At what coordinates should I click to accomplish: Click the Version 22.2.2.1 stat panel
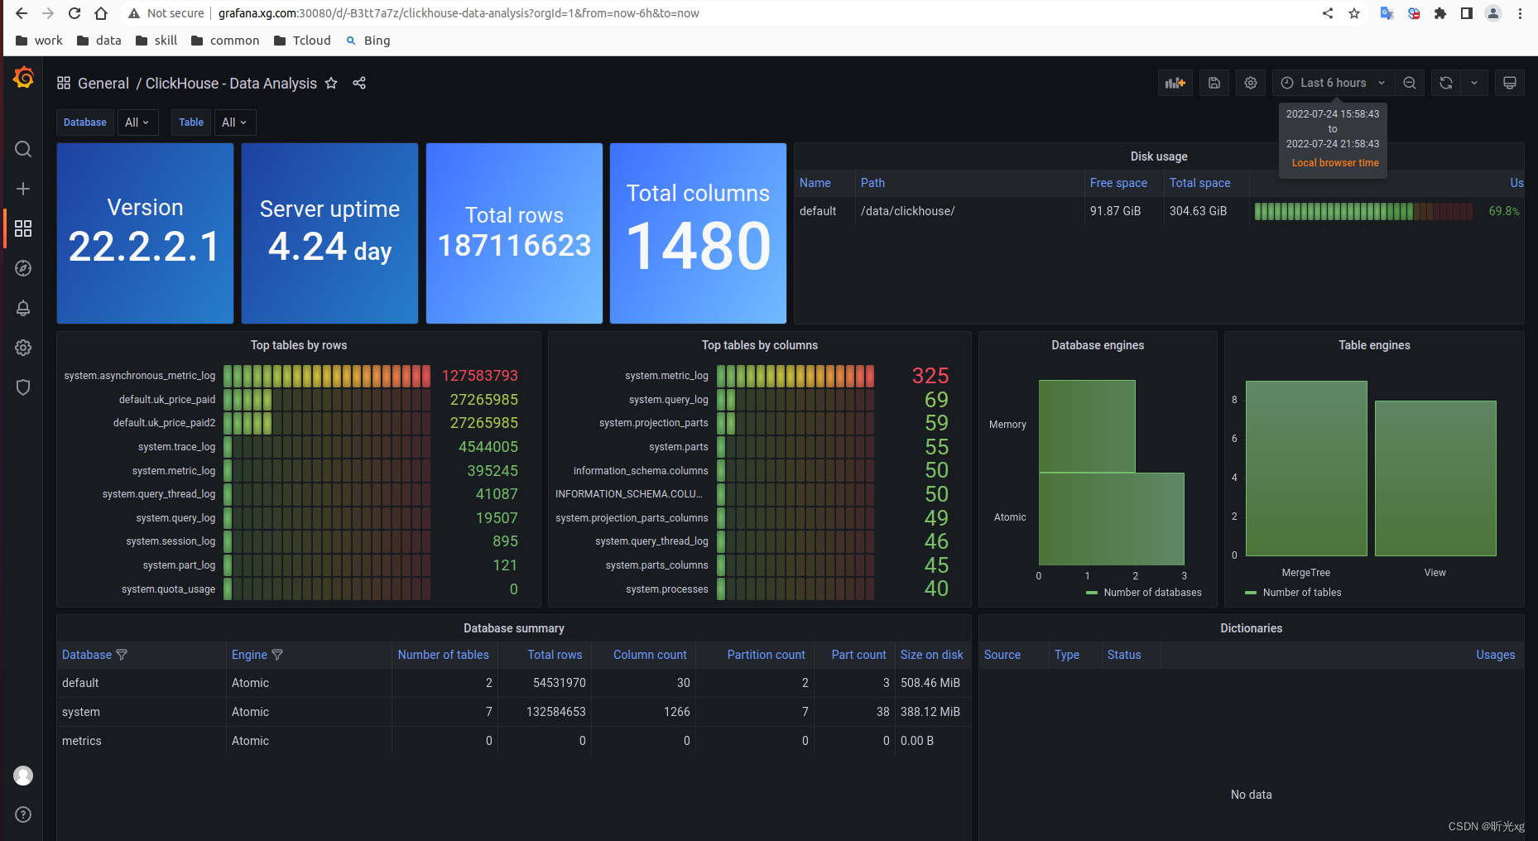[x=145, y=233]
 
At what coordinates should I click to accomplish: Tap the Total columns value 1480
[x=698, y=247]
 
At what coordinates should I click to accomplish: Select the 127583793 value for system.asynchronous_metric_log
[x=479, y=376]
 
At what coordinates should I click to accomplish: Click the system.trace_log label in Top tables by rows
[x=176, y=447]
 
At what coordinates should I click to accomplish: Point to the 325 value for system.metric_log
[x=930, y=376]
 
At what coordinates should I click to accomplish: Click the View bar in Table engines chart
[x=1435, y=478]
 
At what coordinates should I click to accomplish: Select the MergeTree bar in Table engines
[x=1305, y=469]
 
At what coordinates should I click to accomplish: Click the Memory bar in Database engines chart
[x=1087, y=425]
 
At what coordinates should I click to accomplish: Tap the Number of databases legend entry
[x=1151, y=593]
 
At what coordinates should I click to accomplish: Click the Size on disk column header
[x=931, y=655]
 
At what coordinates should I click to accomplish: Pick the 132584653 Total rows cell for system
[x=555, y=712]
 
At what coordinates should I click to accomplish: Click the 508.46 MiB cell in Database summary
[x=930, y=683]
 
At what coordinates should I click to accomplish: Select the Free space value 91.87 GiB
[x=1115, y=211]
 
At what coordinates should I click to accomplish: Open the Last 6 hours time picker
[x=1333, y=83]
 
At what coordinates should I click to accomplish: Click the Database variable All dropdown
[x=137, y=123]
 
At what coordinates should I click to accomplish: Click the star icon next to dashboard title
[x=331, y=83]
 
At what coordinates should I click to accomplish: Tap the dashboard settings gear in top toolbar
[x=1251, y=83]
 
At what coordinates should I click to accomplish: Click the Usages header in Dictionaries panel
[x=1495, y=655]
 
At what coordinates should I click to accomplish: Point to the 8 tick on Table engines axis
[x=1234, y=400]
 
